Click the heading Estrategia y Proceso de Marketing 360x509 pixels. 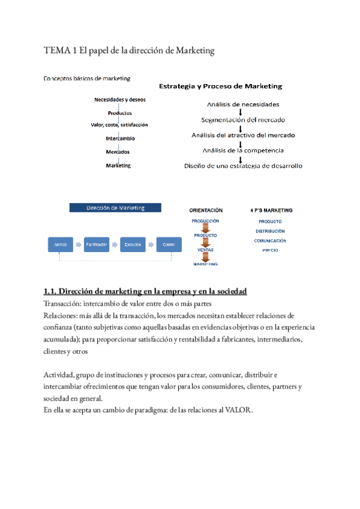[x=220, y=86]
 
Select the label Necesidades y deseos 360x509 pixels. [x=119, y=100]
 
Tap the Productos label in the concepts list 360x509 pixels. [x=120, y=113]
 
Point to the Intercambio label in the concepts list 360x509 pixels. [x=119, y=139]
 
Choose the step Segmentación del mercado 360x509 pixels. [x=243, y=119]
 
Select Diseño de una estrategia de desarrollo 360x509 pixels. [x=243, y=166]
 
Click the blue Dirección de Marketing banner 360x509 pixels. [x=115, y=208]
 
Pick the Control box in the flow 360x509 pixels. [x=169, y=244]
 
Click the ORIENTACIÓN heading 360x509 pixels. [x=206, y=211]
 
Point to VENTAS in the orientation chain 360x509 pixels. [x=206, y=250]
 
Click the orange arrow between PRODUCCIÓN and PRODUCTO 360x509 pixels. [x=206, y=228]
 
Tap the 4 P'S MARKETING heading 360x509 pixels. [x=271, y=211]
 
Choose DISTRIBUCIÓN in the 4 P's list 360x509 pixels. [x=270, y=231]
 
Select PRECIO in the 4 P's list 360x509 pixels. [x=270, y=250]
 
